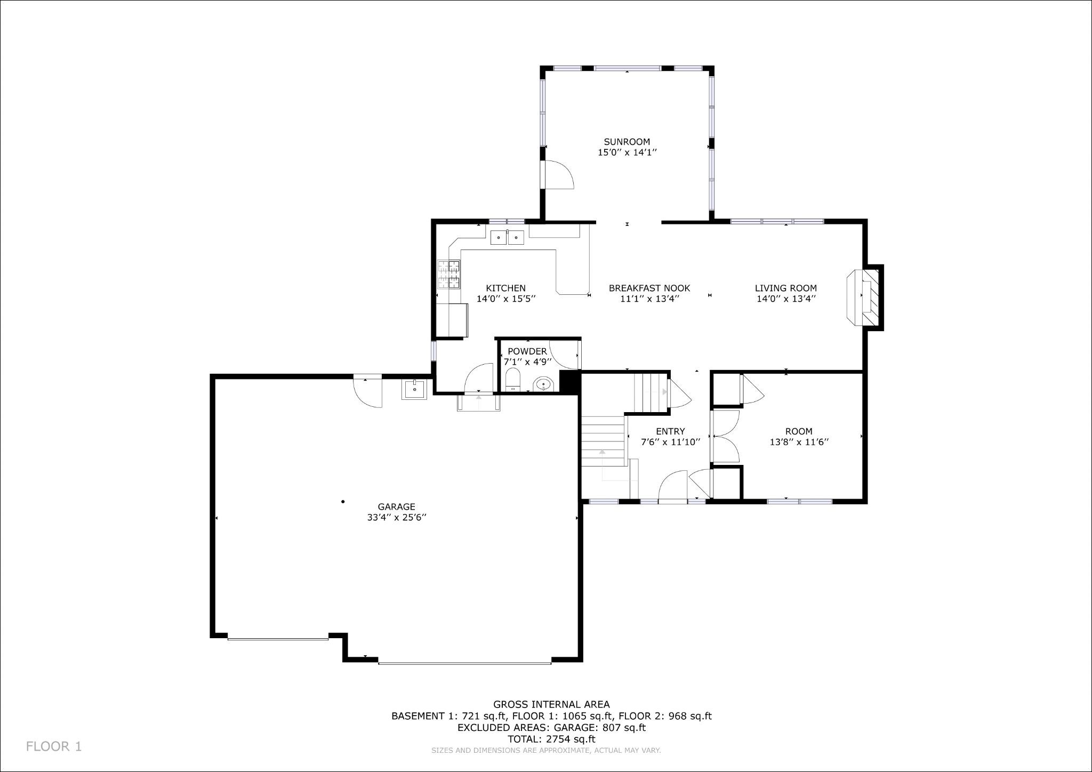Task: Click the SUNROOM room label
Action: click(627, 142)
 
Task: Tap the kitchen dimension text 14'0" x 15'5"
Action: click(505, 299)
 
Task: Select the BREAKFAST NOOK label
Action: click(649, 288)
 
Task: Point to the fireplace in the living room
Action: click(864, 297)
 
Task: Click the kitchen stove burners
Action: click(449, 274)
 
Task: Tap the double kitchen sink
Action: click(507, 237)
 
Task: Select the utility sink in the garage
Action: click(414, 389)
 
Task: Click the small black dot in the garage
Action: click(343, 501)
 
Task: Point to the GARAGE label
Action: click(396, 507)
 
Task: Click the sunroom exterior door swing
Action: click(557, 174)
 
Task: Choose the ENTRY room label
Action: click(670, 431)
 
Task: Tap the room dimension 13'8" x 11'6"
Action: click(799, 442)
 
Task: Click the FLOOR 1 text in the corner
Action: click(54, 746)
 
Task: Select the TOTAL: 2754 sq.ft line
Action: click(551, 739)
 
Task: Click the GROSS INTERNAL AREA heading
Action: click(551, 704)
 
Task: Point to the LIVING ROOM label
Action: click(785, 288)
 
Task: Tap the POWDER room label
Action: click(527, 351)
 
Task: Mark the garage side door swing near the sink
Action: click(368, 392)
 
